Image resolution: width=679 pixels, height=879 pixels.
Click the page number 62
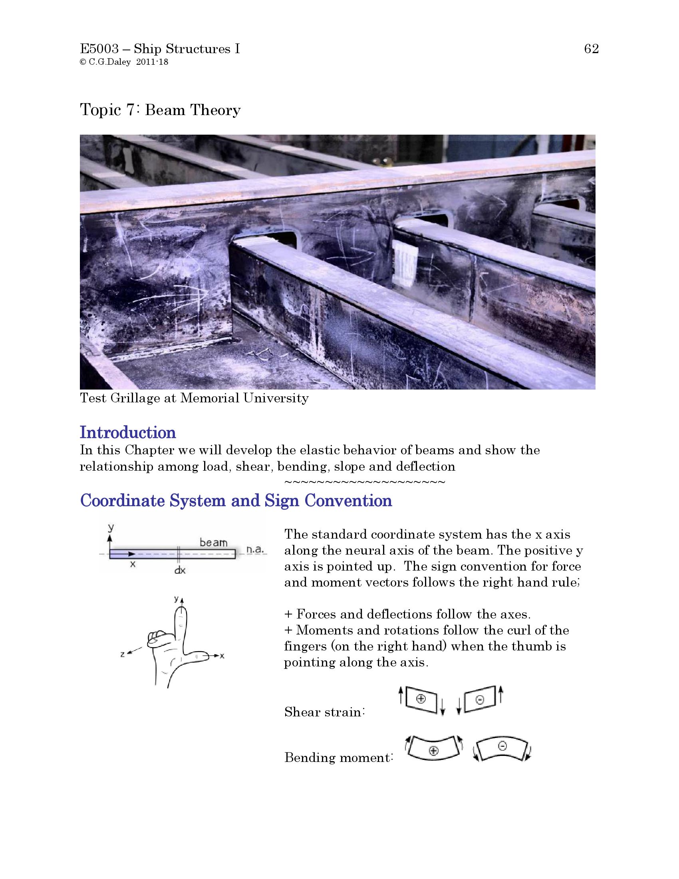(x=591, y=49)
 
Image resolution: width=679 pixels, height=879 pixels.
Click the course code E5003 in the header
(x=99, y=49)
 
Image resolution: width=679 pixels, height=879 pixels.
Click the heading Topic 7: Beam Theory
(x=160, y=110)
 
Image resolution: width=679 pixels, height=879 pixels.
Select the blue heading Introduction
(x=128, y=433)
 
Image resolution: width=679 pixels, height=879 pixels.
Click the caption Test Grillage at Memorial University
(x=194, y=398)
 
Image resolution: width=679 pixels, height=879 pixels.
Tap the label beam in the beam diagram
(x=214, y=543)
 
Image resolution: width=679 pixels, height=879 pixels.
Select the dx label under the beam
(x=179, y=571)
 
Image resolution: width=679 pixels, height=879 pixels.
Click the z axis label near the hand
(x=122, y=655)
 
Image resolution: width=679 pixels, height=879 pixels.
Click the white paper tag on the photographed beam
(x=405, y=264)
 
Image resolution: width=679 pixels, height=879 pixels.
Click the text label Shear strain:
(x=324, y=712)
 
